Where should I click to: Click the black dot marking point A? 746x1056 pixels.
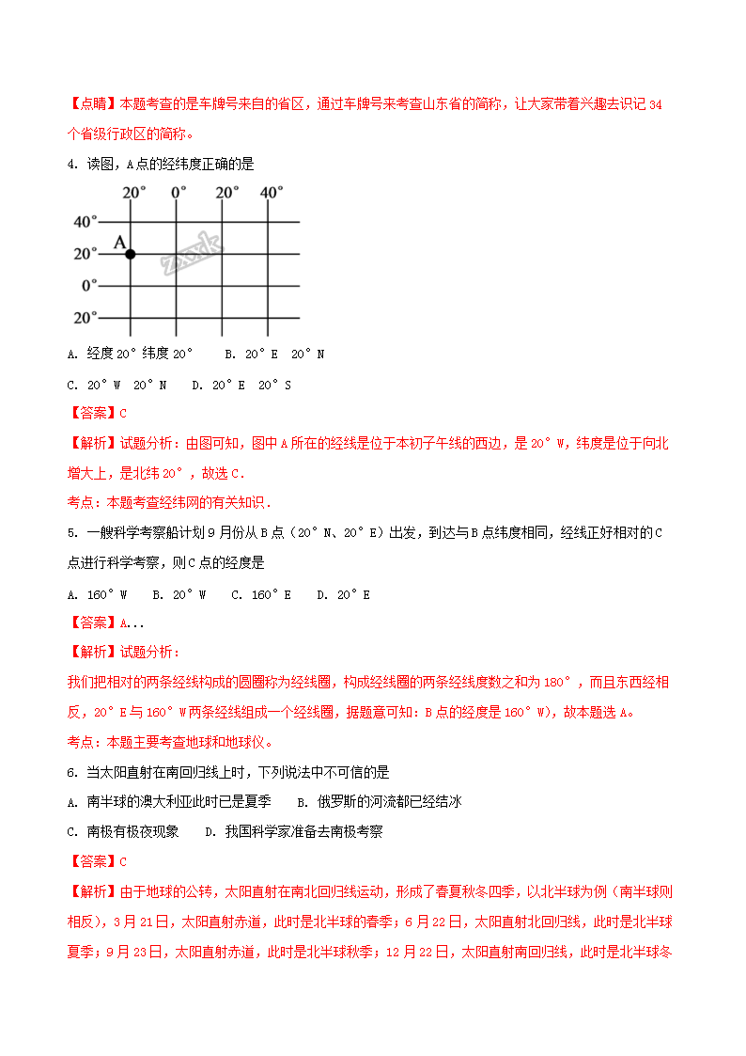pos(130,254)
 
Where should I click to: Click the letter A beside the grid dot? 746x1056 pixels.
pos(119,242)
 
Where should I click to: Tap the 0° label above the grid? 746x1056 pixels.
pos(179,192)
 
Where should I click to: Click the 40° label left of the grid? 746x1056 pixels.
pos(85,222)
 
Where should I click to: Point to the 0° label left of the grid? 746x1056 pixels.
pos(90,285)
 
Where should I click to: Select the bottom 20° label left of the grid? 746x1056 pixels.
pos(85,317)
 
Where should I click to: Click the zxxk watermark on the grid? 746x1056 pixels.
pos(192,253)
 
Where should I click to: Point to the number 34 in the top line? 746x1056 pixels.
pos(656,105)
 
